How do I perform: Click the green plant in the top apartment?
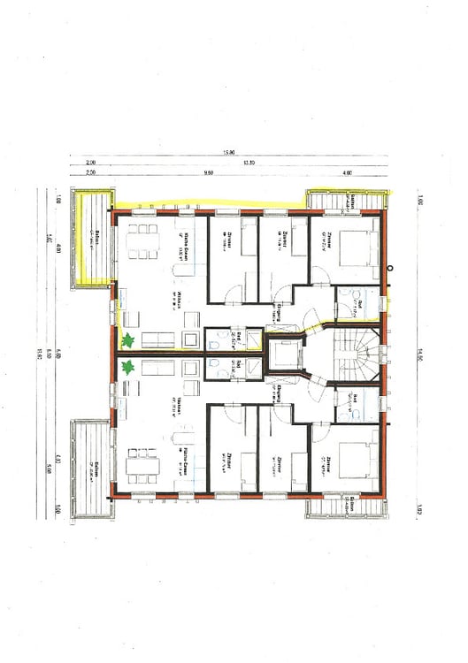(x=128, y=339)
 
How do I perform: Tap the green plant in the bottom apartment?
(x=128, y=366)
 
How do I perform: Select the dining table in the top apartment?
(x=142, y=241)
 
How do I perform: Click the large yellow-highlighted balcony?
(x=93, y=239)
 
